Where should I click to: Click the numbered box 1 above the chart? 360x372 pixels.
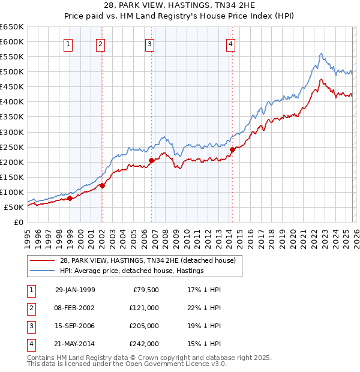pyautogui.click(x=68, y=43)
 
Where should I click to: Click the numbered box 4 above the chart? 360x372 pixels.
pyautogui.click(x=230, y=43)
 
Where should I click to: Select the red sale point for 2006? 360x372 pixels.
pyautogui.click(x=151, y=160)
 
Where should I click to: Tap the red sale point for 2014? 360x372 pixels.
pyautogui.click(x=232, y=149)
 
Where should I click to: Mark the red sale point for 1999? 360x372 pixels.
pyautogui.click(x=70, y=198)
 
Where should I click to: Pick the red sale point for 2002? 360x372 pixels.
pyautogui.click(x=102, y=185)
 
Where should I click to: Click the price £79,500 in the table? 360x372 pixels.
pyautogui.click(x=145, y=290)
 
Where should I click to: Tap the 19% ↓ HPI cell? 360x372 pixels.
pyautogui.click(x=205, y=326)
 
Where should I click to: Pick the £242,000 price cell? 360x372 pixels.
pyautogui.click(x=145, y=344)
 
